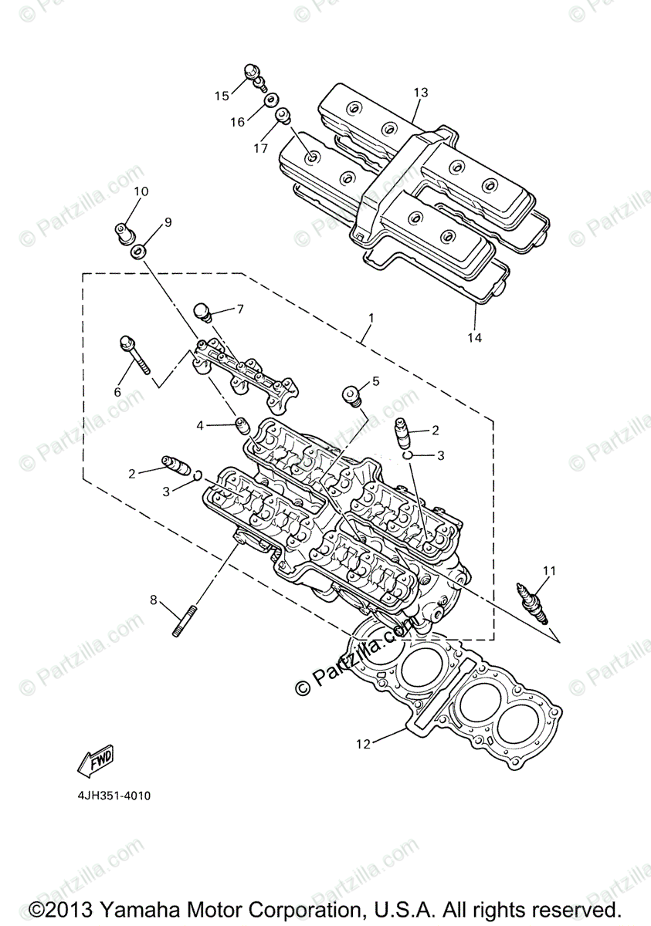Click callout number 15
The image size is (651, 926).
point(222,96)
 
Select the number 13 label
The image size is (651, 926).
point(420,93)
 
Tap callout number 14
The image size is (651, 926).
point(473,337)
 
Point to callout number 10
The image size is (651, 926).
point(141,191)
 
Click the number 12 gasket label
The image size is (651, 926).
point(364,744)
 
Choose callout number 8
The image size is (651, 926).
point(153,599)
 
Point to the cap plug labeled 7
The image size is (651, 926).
point(205,312)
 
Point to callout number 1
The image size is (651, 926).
point(371,317)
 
